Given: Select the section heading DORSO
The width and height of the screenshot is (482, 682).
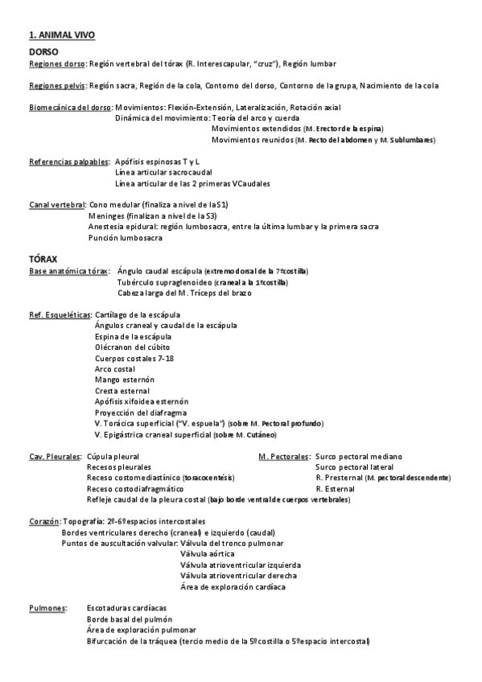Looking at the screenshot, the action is (x=43, y=51).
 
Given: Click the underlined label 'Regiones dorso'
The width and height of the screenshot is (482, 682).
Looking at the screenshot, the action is (x=56, y=64).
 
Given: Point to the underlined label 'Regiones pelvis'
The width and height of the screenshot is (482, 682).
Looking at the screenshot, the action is (x=57, y=85).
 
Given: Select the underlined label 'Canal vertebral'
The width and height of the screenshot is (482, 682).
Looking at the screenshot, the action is (x=56, y=205).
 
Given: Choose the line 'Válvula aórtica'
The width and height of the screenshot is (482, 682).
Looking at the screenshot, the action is (x=208, y=554).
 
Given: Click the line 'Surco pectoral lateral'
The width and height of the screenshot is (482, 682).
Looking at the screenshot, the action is (x=354, y=466).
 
